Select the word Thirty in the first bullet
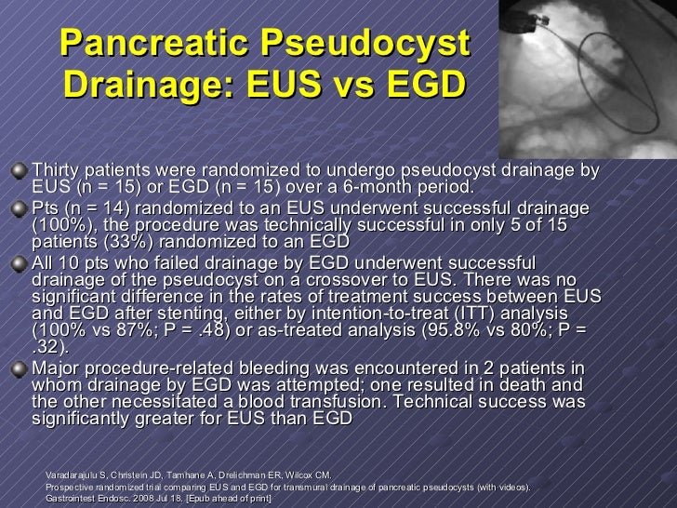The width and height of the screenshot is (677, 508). (58, 169)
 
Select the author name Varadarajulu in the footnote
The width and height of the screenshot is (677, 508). (74, 475)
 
